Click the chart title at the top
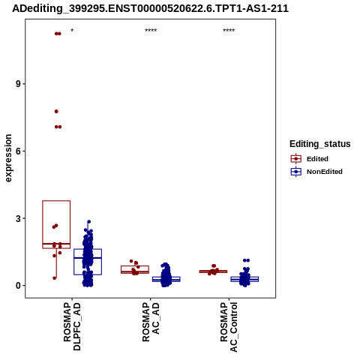[151, 9]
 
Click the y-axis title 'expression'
[8, 158]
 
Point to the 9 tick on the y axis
[18, 84]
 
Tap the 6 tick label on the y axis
[18, 151]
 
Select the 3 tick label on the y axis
[18, 218]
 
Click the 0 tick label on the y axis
[18, 286]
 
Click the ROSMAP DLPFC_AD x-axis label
[72, 326]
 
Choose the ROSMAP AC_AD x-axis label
[151, 322]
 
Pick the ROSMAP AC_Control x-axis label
[229, 327]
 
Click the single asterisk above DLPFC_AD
[72, 31]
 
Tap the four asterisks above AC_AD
[151, 31]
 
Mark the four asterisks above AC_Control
[229, 31]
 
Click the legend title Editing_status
[320, 144]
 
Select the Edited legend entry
[310, 159]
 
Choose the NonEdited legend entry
[316, 172]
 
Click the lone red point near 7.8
[56, 112]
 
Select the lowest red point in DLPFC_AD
[55, 278]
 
